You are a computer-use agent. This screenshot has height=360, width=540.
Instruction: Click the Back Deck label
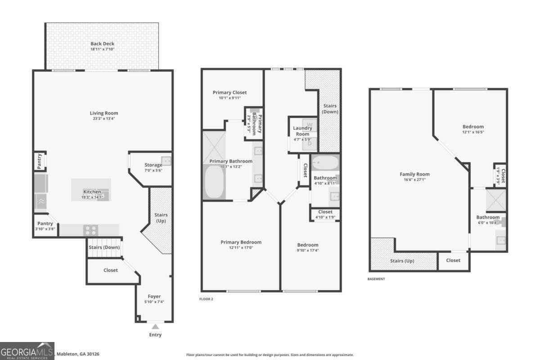(x=102, y=44)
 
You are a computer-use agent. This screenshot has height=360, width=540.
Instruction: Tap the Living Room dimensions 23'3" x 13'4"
(x=103, y=118)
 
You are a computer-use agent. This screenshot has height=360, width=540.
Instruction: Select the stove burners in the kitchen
(x=90, y=230)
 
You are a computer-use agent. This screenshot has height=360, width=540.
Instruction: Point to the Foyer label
(x=154, y=296)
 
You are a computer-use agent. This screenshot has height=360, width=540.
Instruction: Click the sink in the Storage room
(x=166, y=161)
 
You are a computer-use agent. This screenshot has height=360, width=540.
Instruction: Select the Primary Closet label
(x=229, y=92)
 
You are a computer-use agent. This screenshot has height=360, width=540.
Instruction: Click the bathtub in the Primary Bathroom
(x=215, y=181)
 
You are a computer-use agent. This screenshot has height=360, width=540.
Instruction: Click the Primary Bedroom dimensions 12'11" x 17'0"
(x=241, y=247)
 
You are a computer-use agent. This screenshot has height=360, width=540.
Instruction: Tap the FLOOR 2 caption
(x=206, y=299)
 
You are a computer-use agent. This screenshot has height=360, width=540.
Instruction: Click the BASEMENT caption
(x=376, y=279)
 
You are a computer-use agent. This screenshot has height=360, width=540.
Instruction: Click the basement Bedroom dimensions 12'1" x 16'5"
(x=473, y=132)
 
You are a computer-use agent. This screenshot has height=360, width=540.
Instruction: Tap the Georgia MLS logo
(x=27, y=351)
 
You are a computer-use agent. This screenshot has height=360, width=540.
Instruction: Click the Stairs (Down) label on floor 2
(x=330, y=108)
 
